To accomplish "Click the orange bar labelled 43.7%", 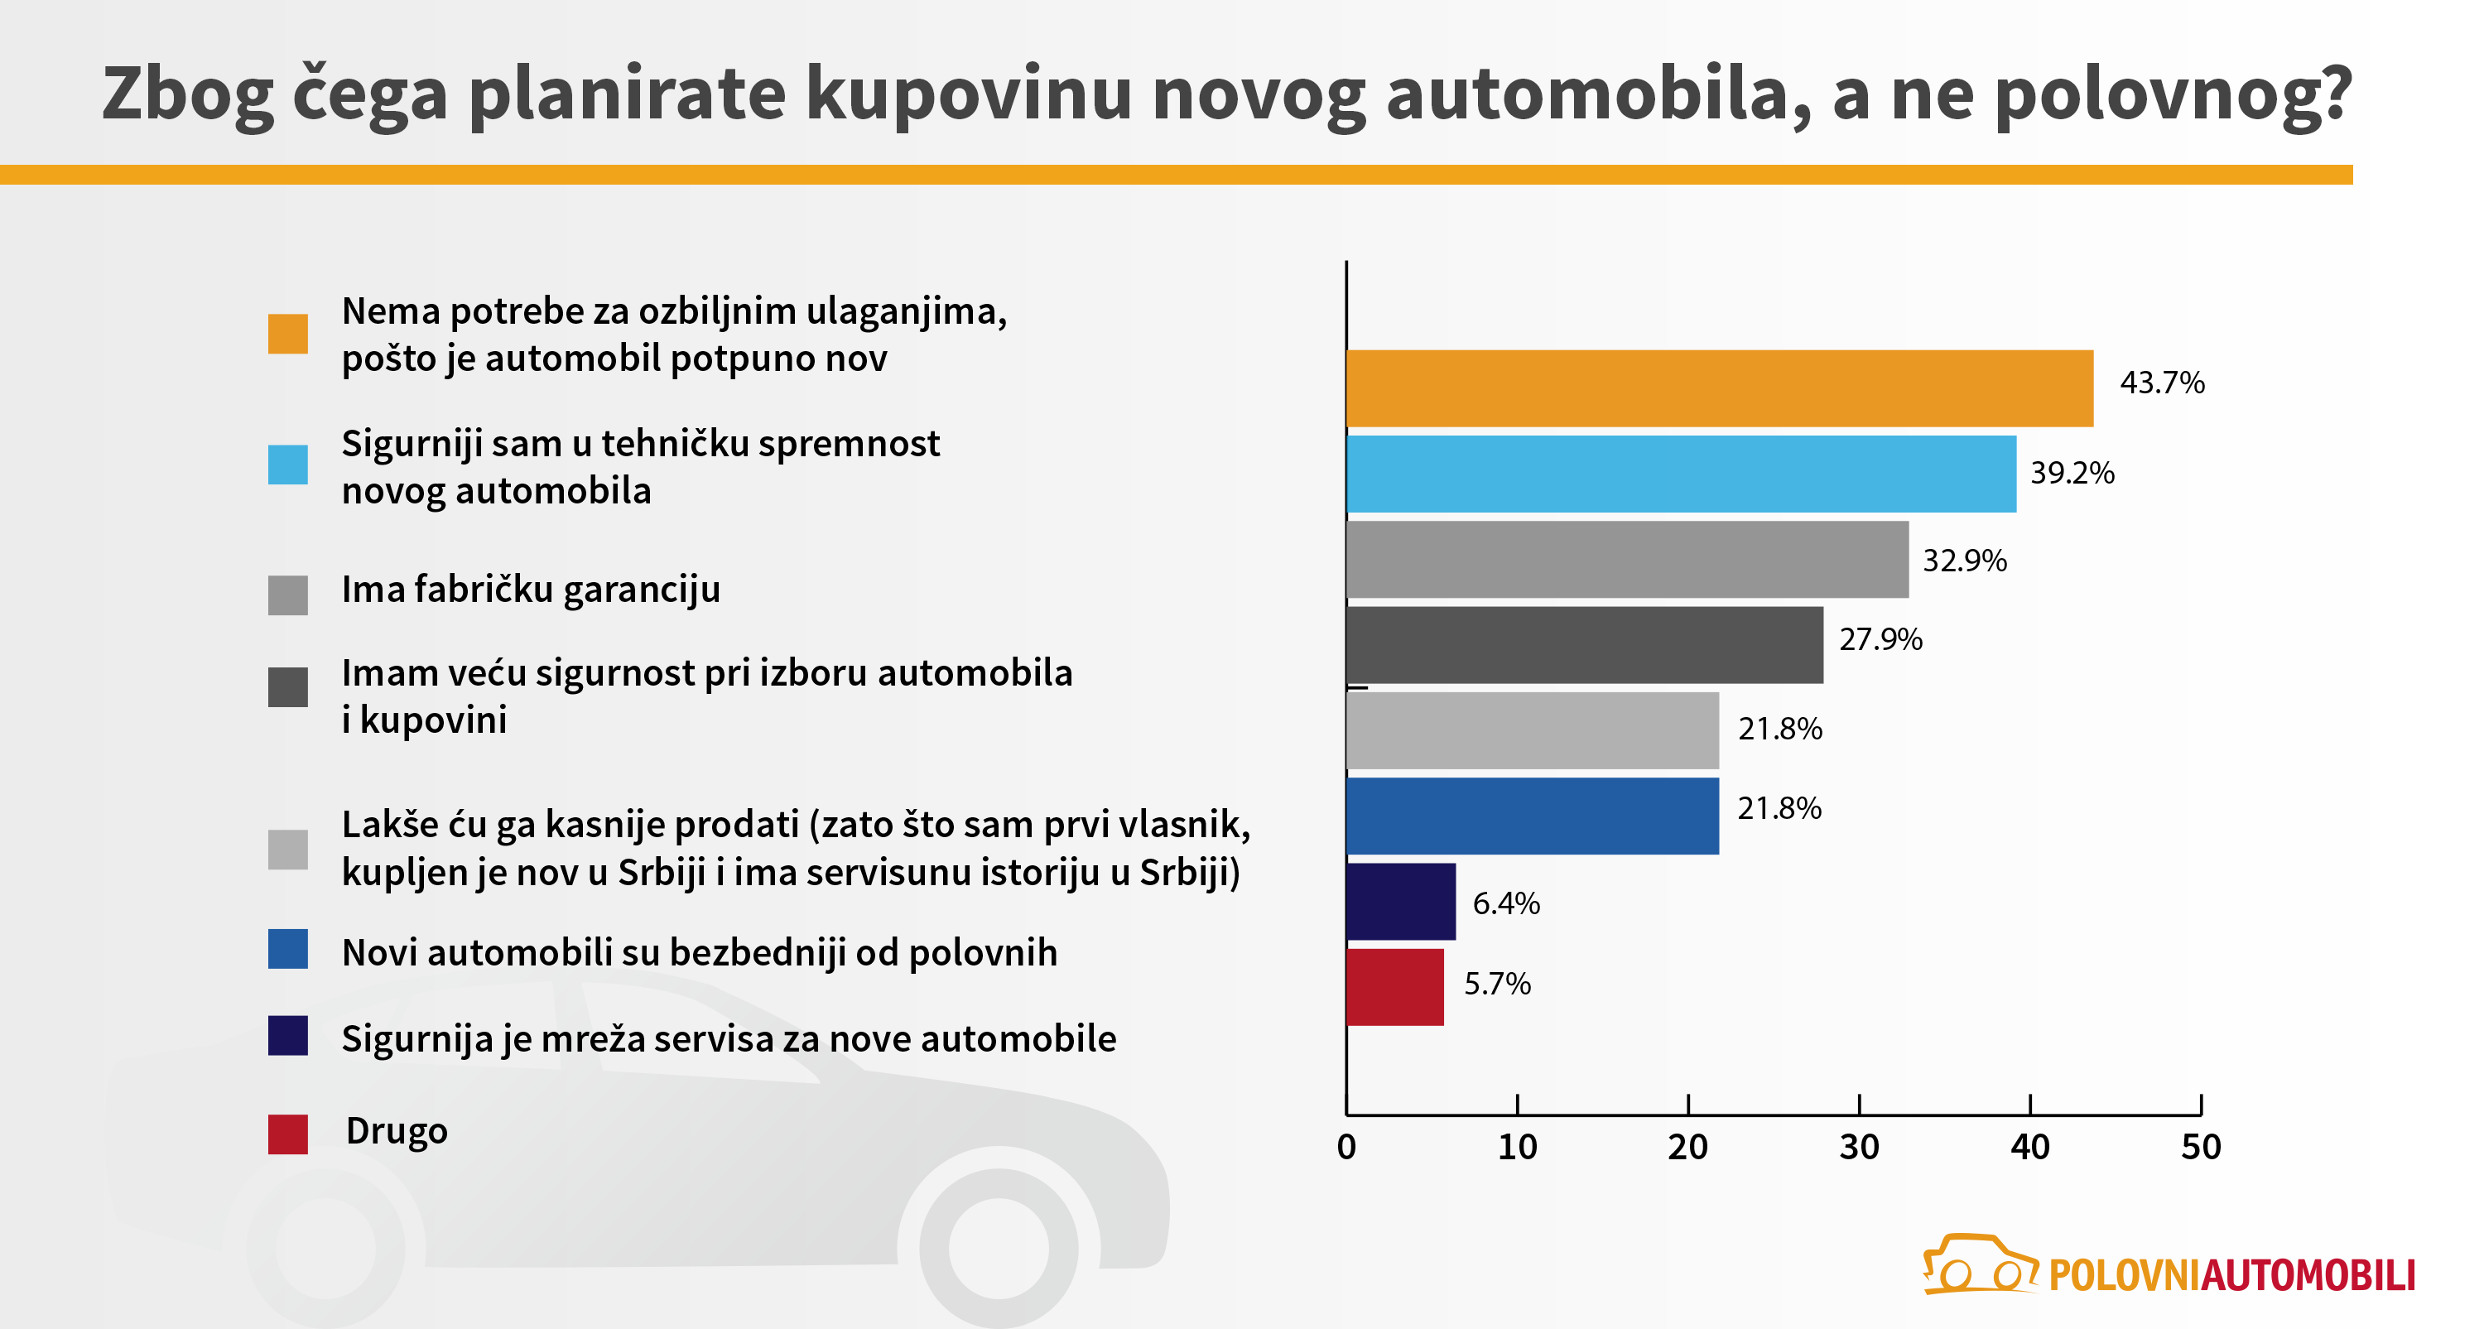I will coord(1718,388).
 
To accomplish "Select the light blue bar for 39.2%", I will coord(1680,474).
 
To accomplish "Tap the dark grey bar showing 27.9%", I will coord(1583,644).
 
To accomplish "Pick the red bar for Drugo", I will coord(1394,987).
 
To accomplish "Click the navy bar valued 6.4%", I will coord(1400,901).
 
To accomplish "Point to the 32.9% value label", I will coord(1964,561).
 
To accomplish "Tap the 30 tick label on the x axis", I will coord(1858,1147).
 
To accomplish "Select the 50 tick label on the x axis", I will coord(2201,1147).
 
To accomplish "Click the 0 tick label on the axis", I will coord(1346,1147).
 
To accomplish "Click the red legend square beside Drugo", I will coord(287,1134).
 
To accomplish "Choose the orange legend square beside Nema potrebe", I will coord(287,334).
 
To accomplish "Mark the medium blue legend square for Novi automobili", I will coord(287,949).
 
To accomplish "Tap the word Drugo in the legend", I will coord(397,1130).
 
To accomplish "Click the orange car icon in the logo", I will coord(1979,1264).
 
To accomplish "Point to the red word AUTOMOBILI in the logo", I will coord(2308,1275).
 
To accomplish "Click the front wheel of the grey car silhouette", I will coord(998,1246).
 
